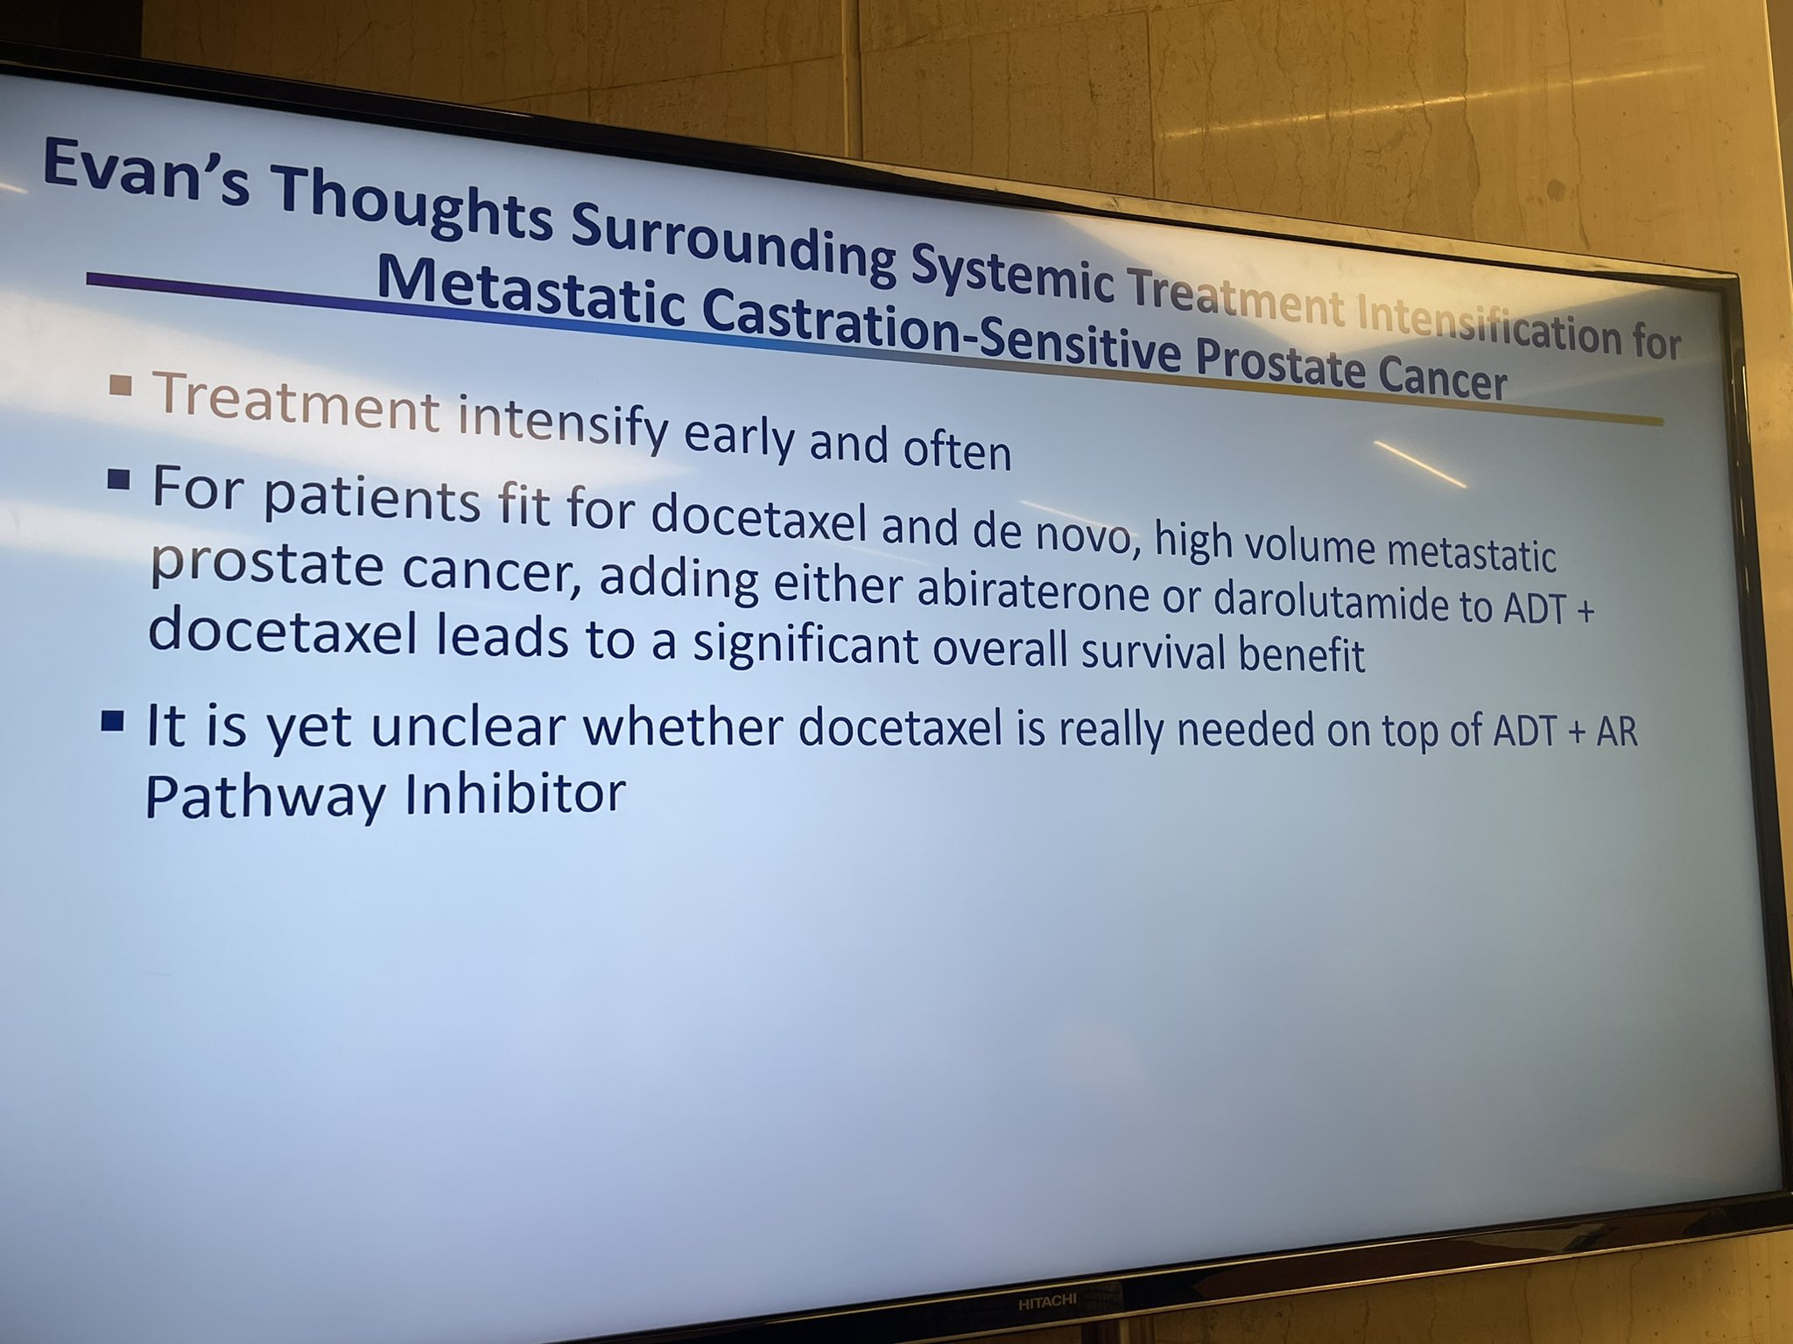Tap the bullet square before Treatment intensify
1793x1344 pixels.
pos(123,384)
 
